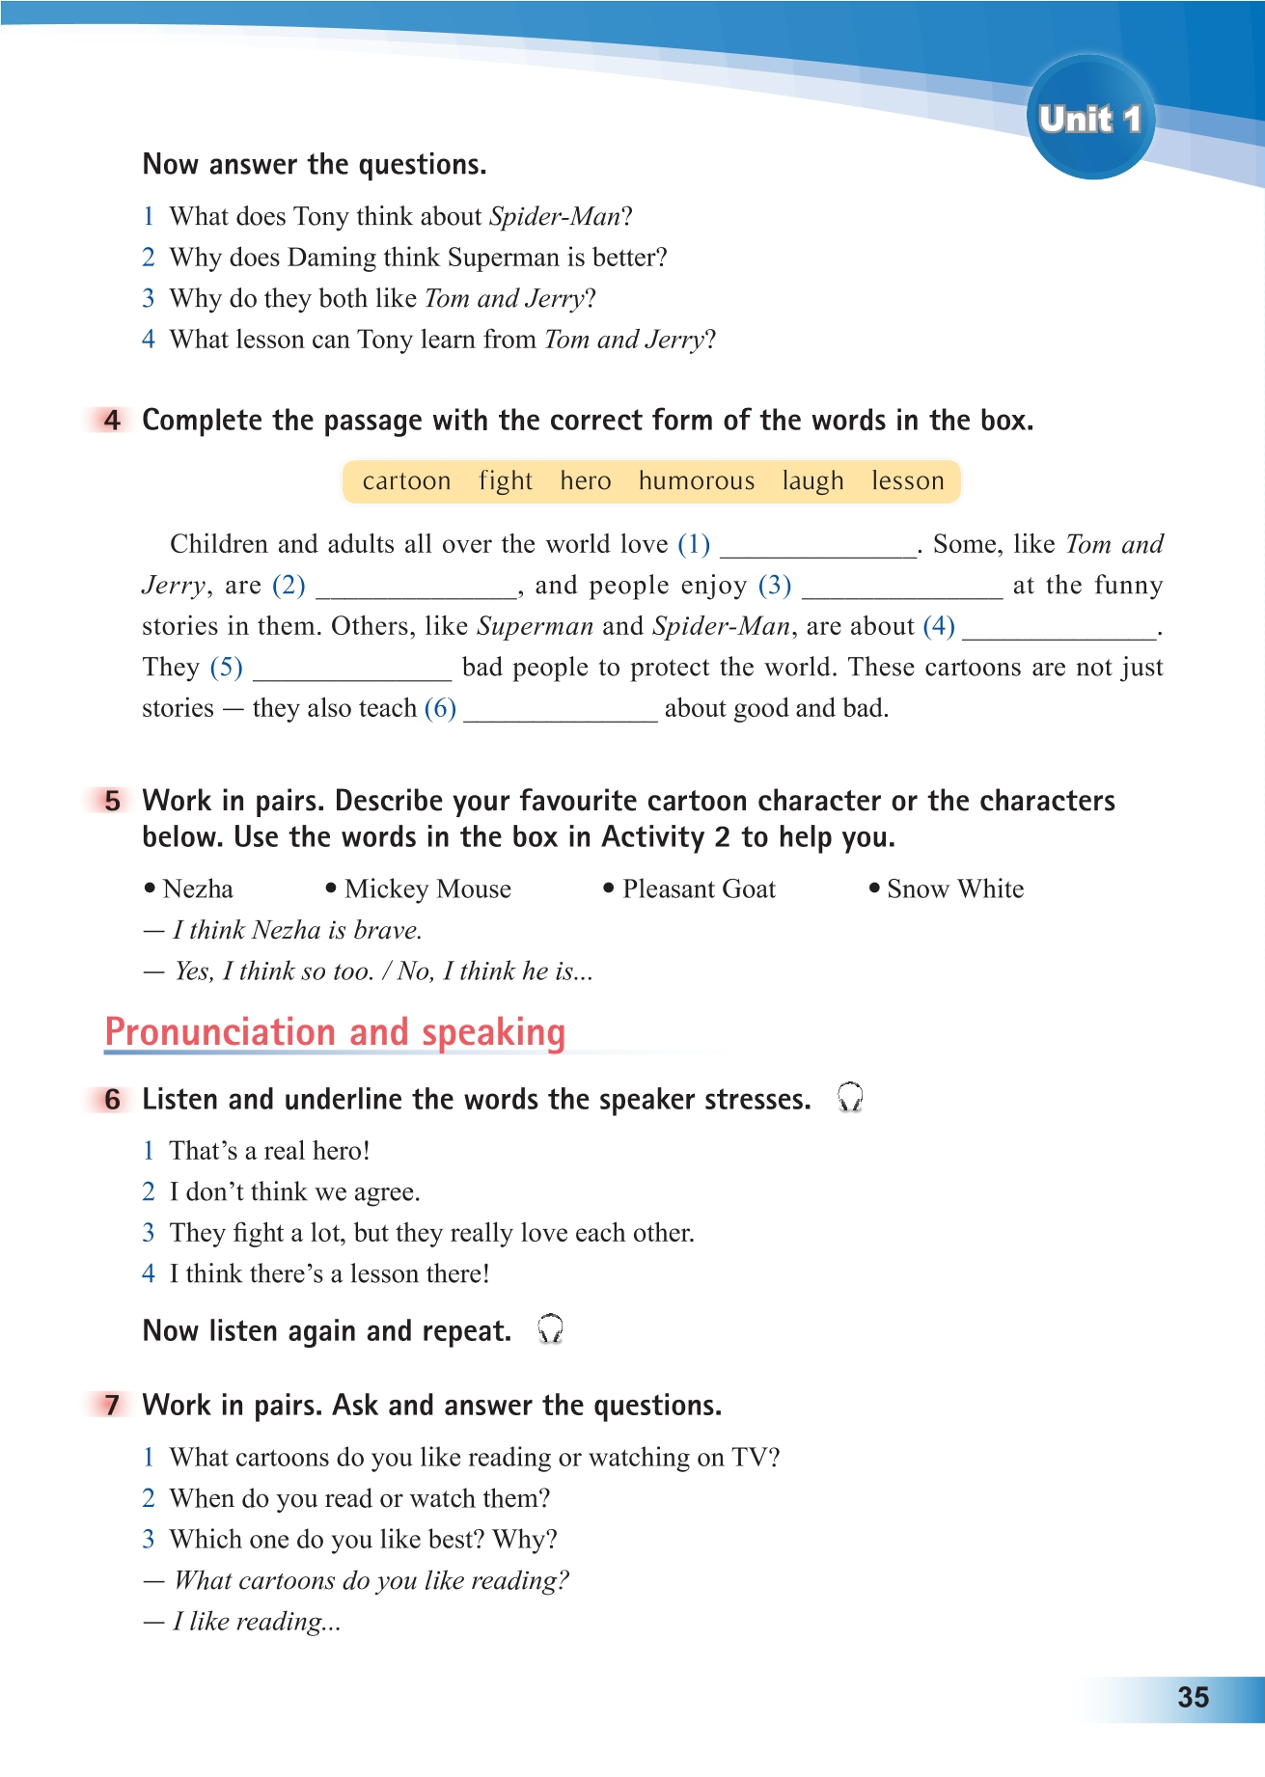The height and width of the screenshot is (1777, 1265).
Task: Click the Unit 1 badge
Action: [1090, 119]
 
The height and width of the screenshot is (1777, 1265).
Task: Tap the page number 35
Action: [1193, 1697]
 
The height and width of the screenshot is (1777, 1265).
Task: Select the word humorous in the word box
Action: [697, 480]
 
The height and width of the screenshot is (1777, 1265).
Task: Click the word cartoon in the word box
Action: [406, 480]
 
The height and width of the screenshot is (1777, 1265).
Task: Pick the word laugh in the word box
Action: [812, 480]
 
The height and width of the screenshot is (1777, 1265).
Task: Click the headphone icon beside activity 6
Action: [850, 1098]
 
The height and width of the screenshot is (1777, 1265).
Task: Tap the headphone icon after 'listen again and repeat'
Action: [550, 1329]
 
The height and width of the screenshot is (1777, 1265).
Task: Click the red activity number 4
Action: [113, 421]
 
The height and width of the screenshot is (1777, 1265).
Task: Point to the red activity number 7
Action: [113, 1406]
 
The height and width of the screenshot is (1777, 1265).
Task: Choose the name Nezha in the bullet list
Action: [198, 888]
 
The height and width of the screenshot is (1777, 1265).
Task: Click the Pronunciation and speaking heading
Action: [335, 1032]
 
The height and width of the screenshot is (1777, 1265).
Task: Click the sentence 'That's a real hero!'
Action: [269, 1151]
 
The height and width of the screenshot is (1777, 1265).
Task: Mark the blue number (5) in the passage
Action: [226, 668]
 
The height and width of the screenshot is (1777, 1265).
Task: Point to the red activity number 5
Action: [113, 801]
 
